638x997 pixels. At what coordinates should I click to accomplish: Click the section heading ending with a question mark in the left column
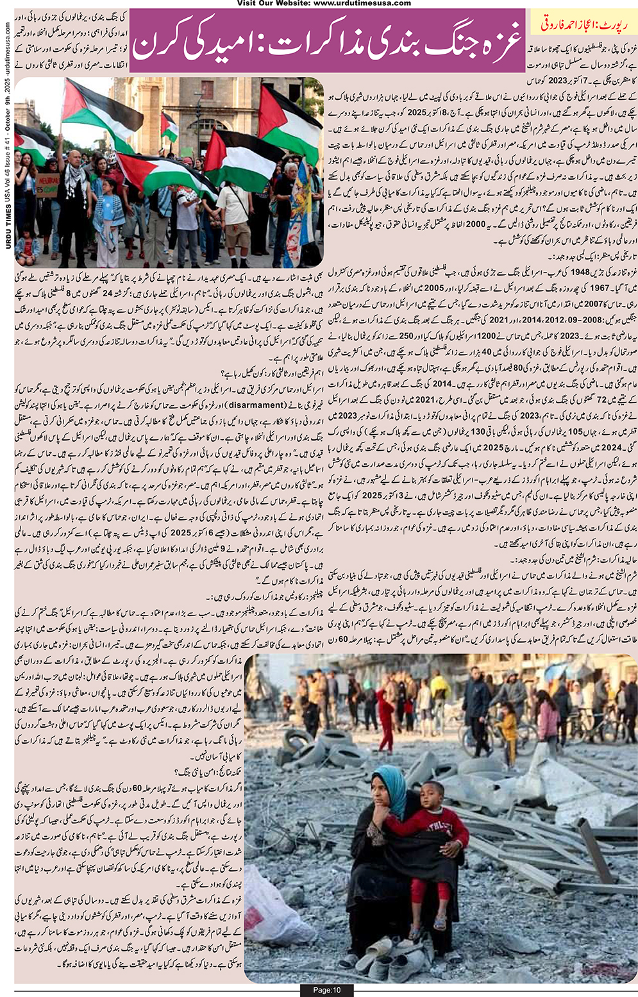[x=192, y=374]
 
